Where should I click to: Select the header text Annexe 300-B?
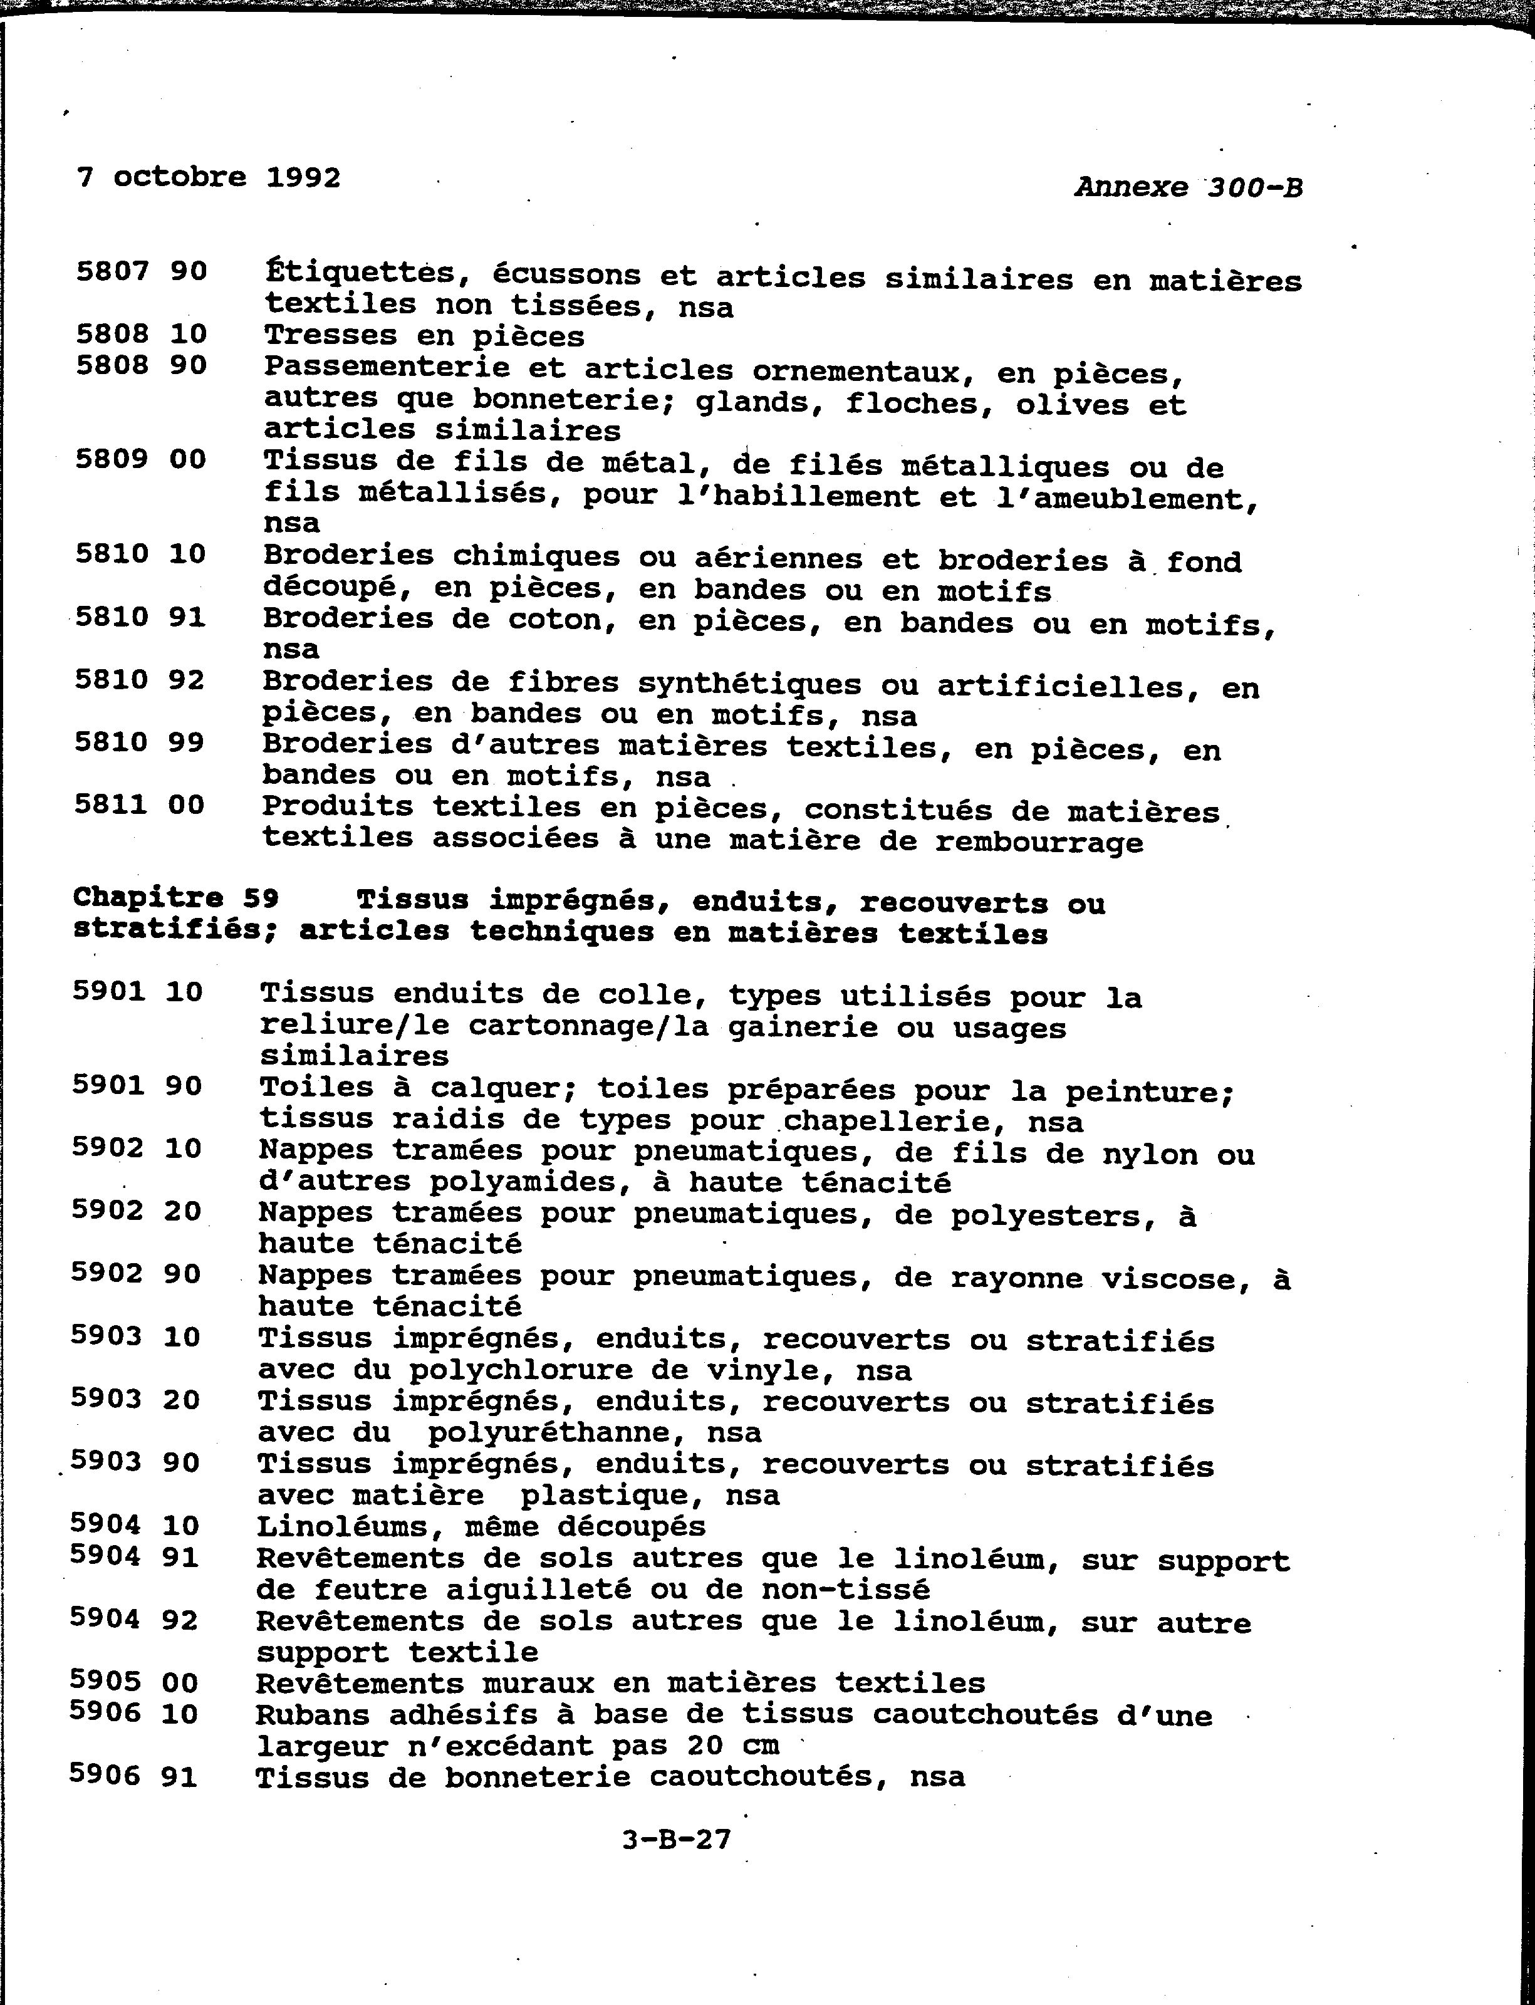pos(1188,187)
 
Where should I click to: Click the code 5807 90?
pos(142,271)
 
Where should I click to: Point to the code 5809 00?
pos(141,459)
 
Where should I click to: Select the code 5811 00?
pos(140,805)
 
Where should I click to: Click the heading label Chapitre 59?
pos(175,898)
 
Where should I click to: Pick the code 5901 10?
pos(137,991)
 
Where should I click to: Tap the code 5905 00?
pos(134,1682)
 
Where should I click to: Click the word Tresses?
pos(331,335)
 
